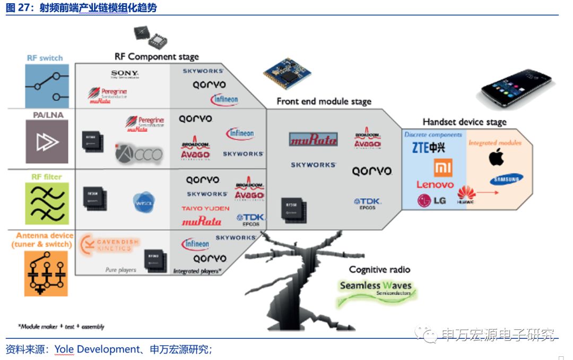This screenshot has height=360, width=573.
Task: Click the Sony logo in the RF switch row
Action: coord(125,74)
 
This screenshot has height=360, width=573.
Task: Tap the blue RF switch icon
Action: coord(47,86)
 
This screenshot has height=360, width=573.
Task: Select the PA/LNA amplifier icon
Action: coord(47,141)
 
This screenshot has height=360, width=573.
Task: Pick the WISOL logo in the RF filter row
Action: coord(143,202)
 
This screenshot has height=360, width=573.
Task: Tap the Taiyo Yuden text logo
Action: coord(205,209)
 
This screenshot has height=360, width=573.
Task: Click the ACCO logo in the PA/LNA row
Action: coord(139,154)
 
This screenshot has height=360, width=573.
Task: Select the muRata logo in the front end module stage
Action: coord(313,140)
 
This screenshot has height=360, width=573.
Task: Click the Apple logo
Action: coord(496,157)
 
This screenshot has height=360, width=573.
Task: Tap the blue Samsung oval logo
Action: coord(506,179)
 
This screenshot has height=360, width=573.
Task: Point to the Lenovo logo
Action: coord(435,185)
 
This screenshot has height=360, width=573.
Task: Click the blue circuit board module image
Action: coord(287,73)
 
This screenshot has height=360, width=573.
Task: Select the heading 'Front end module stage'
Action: coord(324,101)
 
